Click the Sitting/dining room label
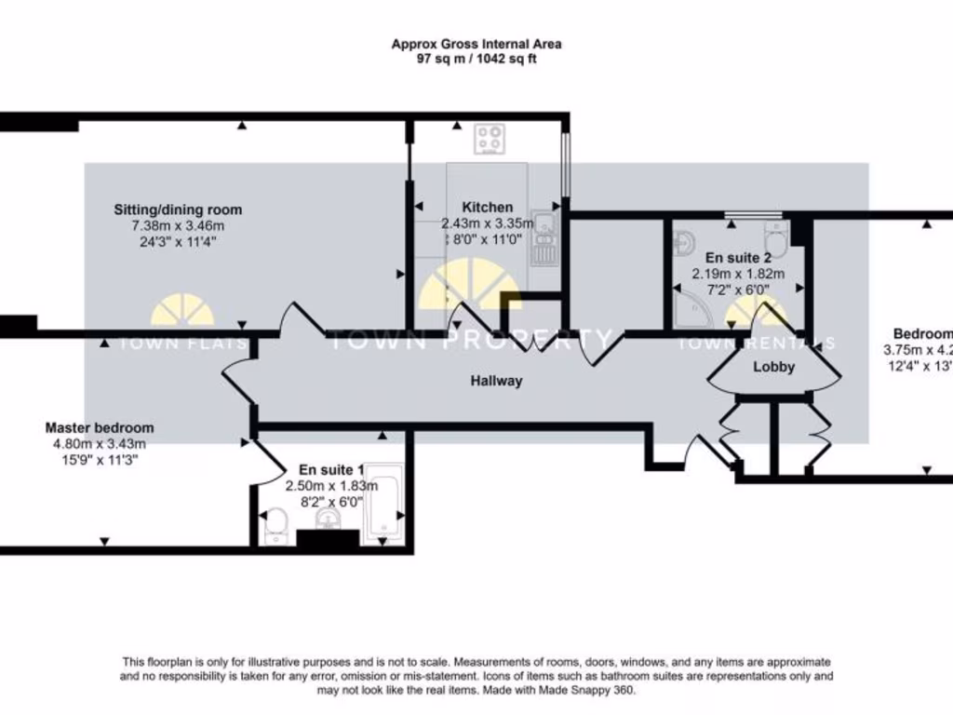(x=178, y=209)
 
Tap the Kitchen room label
(x=488, y=208)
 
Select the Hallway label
(x=496, y=380)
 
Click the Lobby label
(x=773, y=367)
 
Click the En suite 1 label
(x=331, y=470)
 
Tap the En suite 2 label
(x=738, y=258)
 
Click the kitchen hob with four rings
(x=490, y=140)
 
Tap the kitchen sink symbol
(x=544, y=237)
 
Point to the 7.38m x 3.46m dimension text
(x=178, y=226)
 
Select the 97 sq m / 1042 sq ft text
(x=476, y=59)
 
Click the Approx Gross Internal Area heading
(x=476, y=44)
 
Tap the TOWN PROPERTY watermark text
(x=470, y=339)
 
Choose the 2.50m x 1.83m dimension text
(x=331, y=485)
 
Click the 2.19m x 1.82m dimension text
(x=738, y=274)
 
